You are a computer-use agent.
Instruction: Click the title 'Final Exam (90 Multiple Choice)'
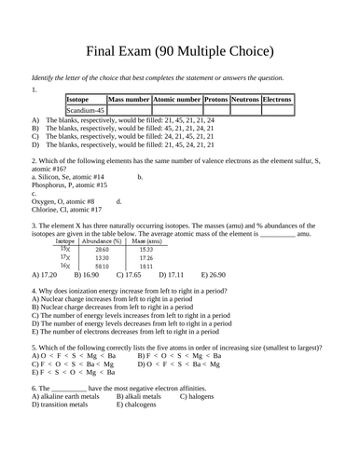[x=179, y=48]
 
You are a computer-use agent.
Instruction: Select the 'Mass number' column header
[x=129, y=99]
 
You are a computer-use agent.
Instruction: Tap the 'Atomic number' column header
[x=176, y=99]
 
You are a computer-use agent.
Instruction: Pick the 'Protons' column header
[x=215, y=99]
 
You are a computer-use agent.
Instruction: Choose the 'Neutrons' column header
[x=245, y=99]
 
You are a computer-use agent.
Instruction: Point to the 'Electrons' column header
[x=277, y=99]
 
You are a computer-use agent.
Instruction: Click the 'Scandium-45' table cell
[x=85, y=110]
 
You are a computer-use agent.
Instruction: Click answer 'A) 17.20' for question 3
[x=45, y=275]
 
